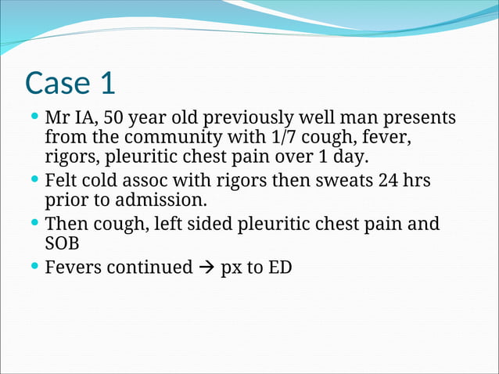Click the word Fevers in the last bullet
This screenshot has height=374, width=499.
coord(73,268)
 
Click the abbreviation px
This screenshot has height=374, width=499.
coord(232,268)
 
